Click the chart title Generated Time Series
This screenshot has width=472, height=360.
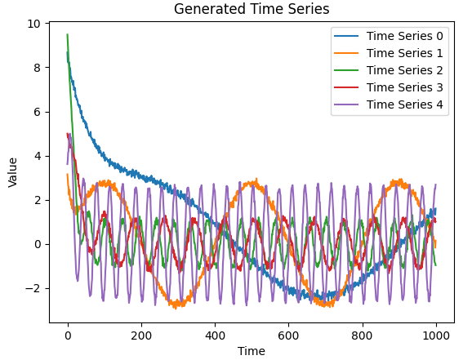(252, 11)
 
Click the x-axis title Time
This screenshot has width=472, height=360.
(252, 350)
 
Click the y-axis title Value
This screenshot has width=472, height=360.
(13, 172)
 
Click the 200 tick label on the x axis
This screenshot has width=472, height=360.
(141, 334)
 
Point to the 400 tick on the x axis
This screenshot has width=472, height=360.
(215, 334)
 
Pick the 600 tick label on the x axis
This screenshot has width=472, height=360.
(288, 334)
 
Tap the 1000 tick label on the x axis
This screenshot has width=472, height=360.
(435, 334)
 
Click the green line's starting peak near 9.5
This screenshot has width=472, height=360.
(68, 35)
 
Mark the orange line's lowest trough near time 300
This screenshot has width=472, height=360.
(176, 307)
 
